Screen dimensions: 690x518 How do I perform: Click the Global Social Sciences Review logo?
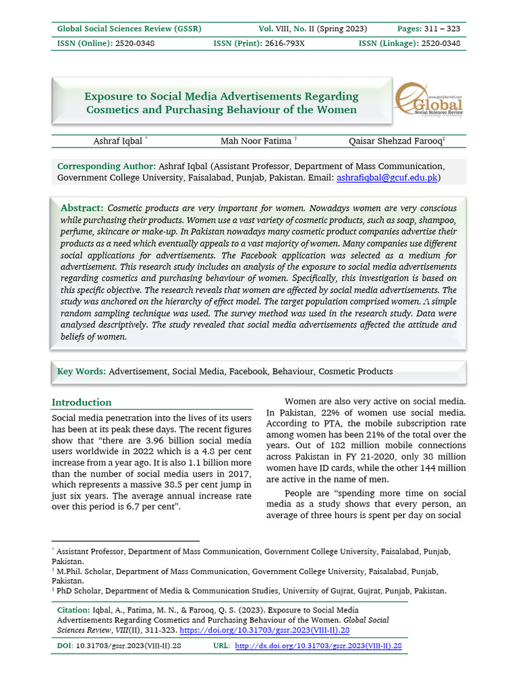point(429,102)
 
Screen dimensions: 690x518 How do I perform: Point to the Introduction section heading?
point(82,402)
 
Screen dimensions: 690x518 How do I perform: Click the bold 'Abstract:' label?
point(82,208)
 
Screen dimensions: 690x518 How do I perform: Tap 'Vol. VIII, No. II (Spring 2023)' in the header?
point(313,29)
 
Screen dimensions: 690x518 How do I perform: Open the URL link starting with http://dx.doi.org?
point(318,646)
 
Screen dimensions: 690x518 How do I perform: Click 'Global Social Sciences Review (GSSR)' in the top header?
point(129,29)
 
